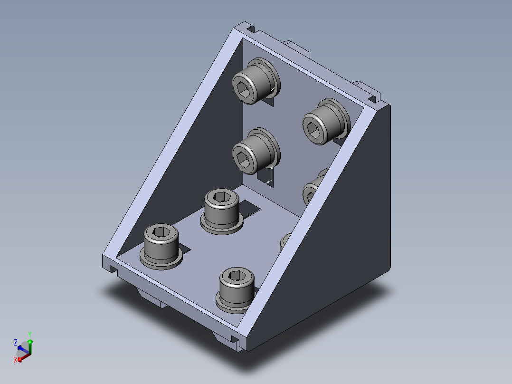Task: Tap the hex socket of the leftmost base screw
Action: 161,232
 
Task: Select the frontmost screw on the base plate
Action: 236,290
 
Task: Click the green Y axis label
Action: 30,334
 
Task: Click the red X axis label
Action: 15,360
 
